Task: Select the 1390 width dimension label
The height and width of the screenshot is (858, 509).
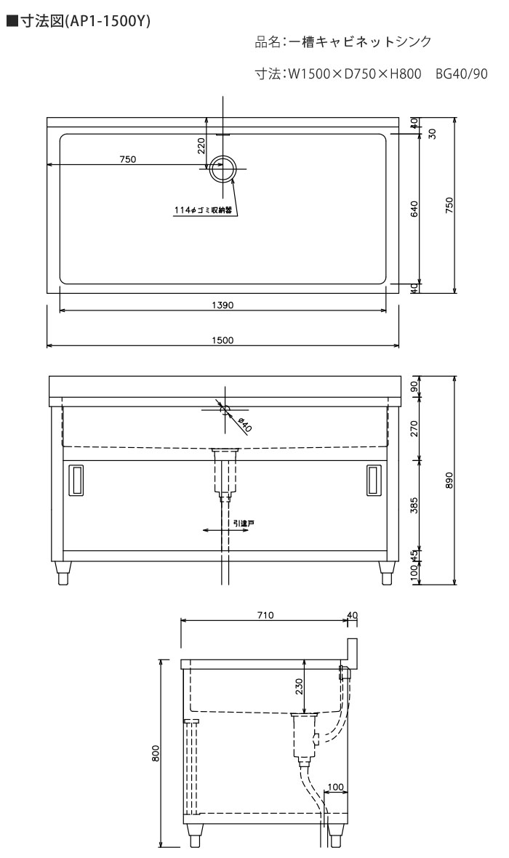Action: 223,305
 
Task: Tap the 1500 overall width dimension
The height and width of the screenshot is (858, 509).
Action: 223,340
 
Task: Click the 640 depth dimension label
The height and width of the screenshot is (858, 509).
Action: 414,209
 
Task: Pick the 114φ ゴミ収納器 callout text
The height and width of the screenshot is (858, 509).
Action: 203,210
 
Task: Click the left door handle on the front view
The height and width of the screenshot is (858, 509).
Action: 75,481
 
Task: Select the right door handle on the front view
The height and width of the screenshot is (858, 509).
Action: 374,481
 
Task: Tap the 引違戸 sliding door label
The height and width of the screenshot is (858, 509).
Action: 243,524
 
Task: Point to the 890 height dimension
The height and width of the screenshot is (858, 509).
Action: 449,480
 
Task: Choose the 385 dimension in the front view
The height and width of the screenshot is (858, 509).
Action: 414,505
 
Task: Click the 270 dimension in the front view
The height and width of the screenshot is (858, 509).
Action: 414,428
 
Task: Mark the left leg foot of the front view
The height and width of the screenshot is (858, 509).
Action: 63,573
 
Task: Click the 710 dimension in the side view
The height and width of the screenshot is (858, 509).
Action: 265,615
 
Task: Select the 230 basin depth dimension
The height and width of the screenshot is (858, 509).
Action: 299,686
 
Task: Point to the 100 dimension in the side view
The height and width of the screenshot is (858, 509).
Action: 335,787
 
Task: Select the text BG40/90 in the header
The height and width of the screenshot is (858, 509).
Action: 462,73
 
